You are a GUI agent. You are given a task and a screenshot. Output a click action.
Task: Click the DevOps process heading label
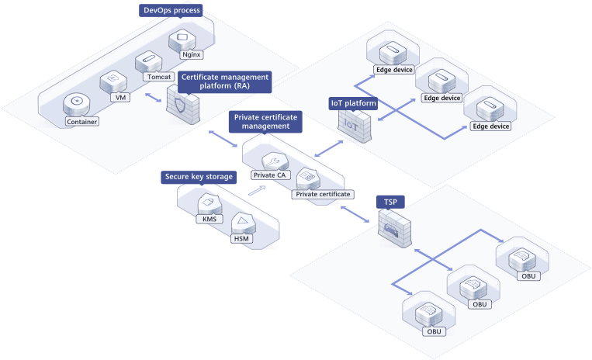coord(171,10)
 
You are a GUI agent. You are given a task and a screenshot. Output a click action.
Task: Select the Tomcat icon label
coord(157,77)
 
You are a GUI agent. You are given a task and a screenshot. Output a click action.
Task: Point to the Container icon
coord(76,103)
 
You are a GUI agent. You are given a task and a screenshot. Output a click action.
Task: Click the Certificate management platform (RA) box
coord(224,81)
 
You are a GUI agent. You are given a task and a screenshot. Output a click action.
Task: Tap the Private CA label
coord(268,175)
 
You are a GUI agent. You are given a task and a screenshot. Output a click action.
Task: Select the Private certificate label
coord(323,193)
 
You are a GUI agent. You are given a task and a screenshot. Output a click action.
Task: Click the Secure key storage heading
coord(199,177)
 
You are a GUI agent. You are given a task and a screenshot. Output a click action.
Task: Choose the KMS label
coord(209,219)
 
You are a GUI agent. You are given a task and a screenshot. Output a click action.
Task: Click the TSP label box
coord(390,202)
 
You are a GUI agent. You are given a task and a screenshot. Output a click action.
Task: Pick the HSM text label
coord(243,238)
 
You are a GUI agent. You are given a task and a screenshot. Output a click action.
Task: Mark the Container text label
coord(81,122)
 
